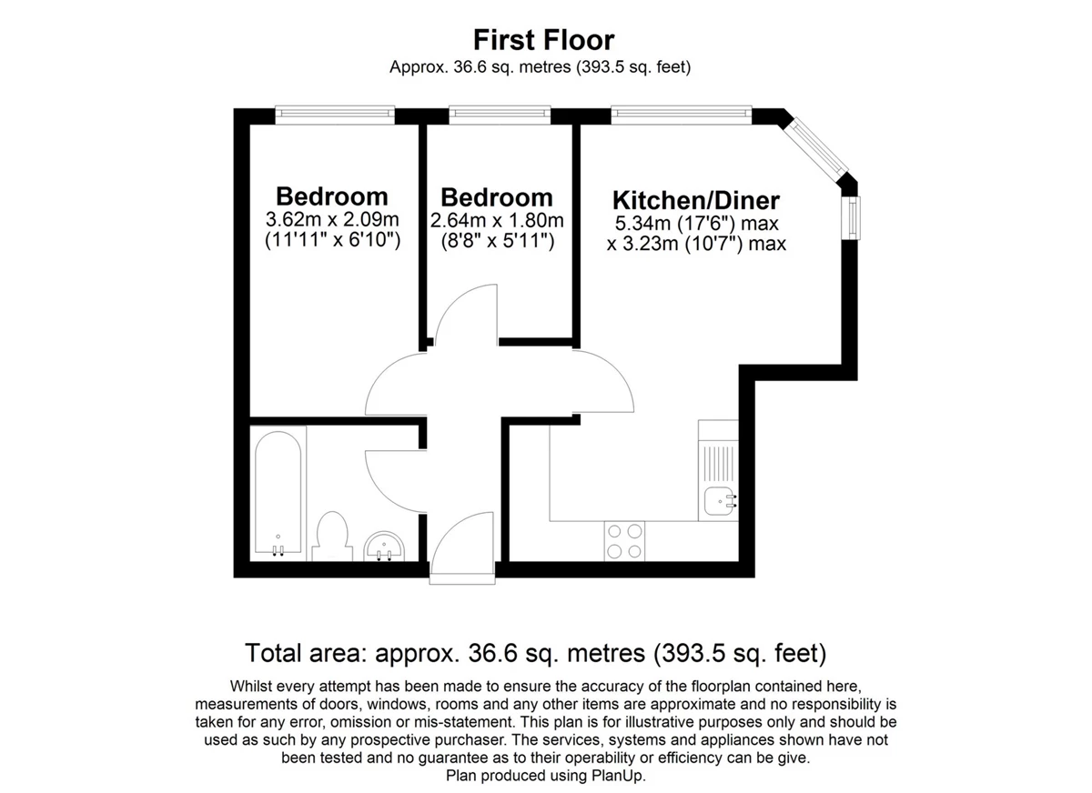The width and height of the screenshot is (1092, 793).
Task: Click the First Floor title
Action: pyautogui.click(x=543, y=40)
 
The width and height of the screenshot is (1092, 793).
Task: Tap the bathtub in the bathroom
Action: pyautogui.click(x=278, y=493)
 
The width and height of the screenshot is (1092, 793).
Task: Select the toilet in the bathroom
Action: pyautogui.click(x=332, y=537)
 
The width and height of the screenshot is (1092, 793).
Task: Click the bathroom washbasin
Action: pyautogui.click(x=384, y=547)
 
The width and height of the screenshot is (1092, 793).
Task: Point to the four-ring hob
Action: pyautogui.click(x=624, y=541)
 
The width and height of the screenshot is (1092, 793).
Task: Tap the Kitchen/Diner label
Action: pyautogui.click(x=695, y=200)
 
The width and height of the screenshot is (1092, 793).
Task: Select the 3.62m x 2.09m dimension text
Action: pyautogui.click(x=332, y=220)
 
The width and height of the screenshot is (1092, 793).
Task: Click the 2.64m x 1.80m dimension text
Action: pyautogui.click(x=497, y=221)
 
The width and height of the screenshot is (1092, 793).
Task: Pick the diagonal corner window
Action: pyautogui.click(x=819, y=148)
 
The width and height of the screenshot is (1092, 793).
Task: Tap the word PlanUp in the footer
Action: pyautogui.click(x=618, y=775)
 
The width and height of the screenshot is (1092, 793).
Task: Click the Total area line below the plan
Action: pyautogui.click(x=536, y=653)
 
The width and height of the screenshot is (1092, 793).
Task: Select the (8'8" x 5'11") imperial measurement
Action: pyautogui.click(x=498, y=241)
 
